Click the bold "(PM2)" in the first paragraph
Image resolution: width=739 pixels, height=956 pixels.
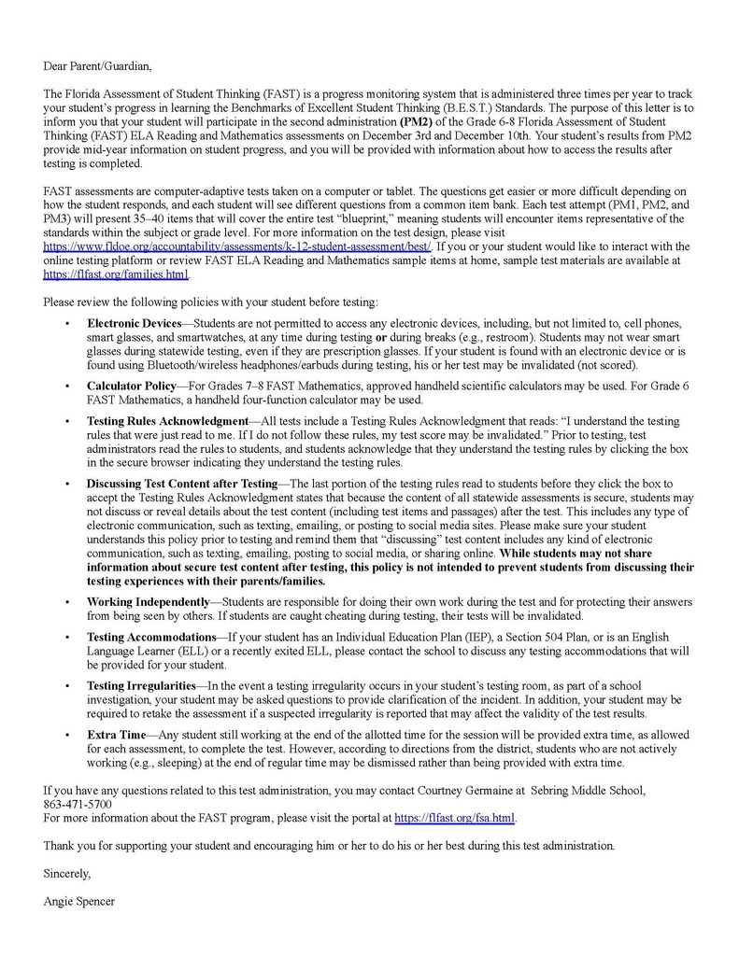click(x=417, y=121)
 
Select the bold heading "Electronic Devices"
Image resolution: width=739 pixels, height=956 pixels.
click(x=134, y=323)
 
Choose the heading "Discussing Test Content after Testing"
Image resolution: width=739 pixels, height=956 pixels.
click(x=182, y=484)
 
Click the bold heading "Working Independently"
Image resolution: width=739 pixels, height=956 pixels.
click(x=148, y=602)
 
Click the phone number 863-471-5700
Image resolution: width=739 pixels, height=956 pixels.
click(x=78, y=804)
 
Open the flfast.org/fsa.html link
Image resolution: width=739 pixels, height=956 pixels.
click(x=454, y=818)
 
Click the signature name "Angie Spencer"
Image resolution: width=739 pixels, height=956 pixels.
click(x=78, y=902)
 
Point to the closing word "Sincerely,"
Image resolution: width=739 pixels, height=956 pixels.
click(x=67, y=874)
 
